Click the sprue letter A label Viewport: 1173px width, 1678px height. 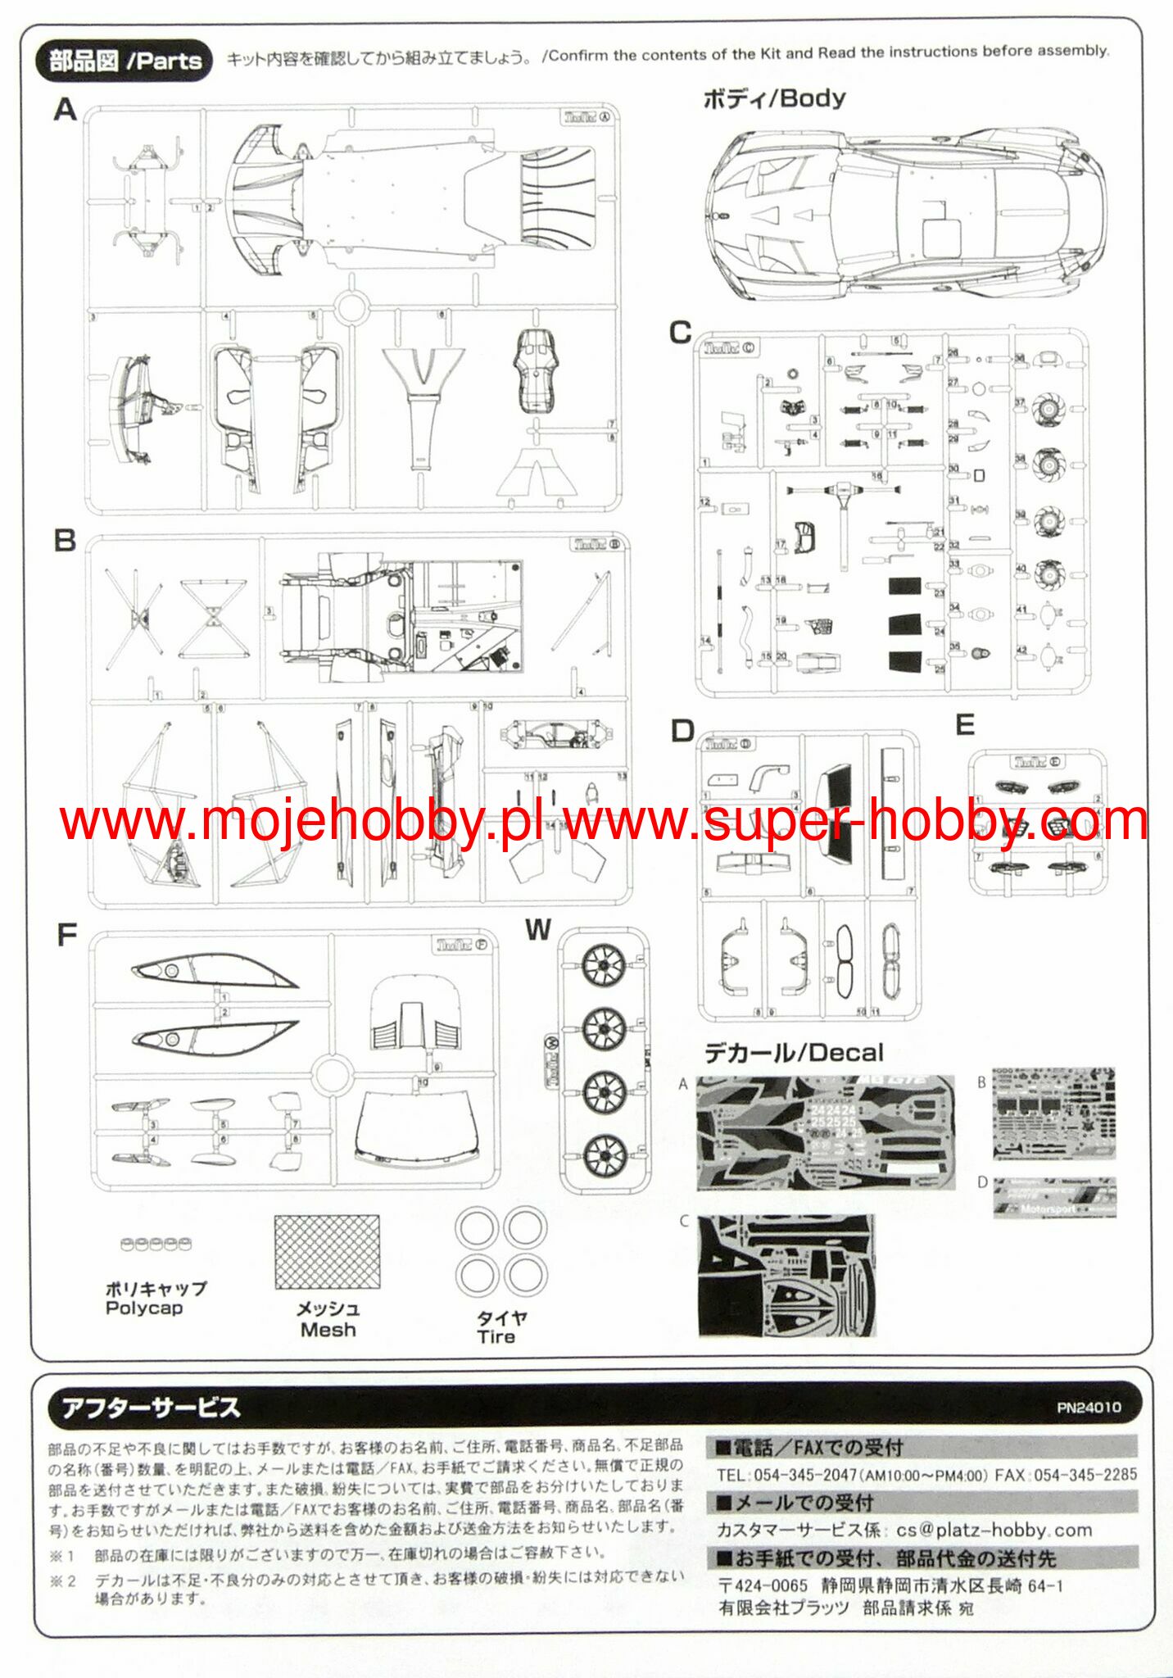[65, 110]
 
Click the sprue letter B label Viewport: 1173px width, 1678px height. [65, 541]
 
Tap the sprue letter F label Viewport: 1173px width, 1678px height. [66, 936]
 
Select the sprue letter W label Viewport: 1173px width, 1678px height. [537, 930]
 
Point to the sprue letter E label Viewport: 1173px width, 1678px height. [965, 725]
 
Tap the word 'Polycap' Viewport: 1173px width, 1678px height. [144, 1308]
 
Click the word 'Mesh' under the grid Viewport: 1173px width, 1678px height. [328, 1330]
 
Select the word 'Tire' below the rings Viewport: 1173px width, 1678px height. [496, 1337]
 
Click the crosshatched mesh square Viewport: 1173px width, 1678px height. [328, 1252]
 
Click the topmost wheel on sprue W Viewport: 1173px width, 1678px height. [605, 965]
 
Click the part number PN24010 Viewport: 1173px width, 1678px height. [1089, 1408]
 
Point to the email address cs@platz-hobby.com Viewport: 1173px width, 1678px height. [994, 1530]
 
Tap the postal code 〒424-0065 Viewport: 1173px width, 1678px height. [763, 1586]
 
